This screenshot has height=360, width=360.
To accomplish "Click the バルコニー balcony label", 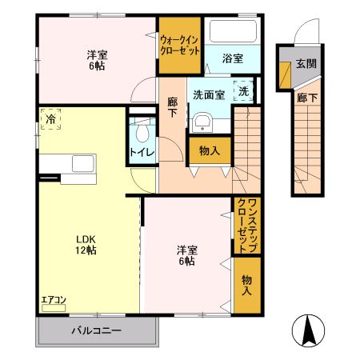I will [x=95, y=330].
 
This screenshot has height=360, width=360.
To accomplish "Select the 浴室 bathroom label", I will [x=233, y=58].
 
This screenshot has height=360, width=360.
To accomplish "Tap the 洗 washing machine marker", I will [x=243, y=90].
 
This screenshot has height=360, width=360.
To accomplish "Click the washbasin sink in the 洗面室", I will [x=202, y=122].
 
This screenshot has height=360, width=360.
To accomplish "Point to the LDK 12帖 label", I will [x=86, y=244].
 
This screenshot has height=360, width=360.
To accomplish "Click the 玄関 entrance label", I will [x=306, y=63].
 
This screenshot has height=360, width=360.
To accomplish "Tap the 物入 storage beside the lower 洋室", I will [x=246, y=284].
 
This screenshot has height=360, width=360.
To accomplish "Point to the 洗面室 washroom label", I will [x=208, y=94].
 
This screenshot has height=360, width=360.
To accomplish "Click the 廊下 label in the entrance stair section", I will [x=306, y=98].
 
